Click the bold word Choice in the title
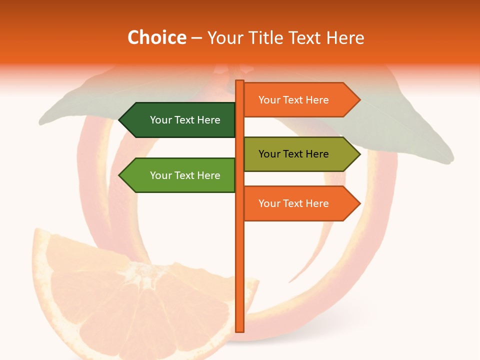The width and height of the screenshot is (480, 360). [x=156, y=38]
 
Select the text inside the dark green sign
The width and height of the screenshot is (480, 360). [x=185, y=120]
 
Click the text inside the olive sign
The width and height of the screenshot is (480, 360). [x=293, y=154]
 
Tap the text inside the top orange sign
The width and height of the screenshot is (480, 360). [x=293, y=100]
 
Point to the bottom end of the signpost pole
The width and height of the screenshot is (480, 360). [x=240, y=330]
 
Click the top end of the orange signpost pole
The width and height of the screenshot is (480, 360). [x=240, y=82]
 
